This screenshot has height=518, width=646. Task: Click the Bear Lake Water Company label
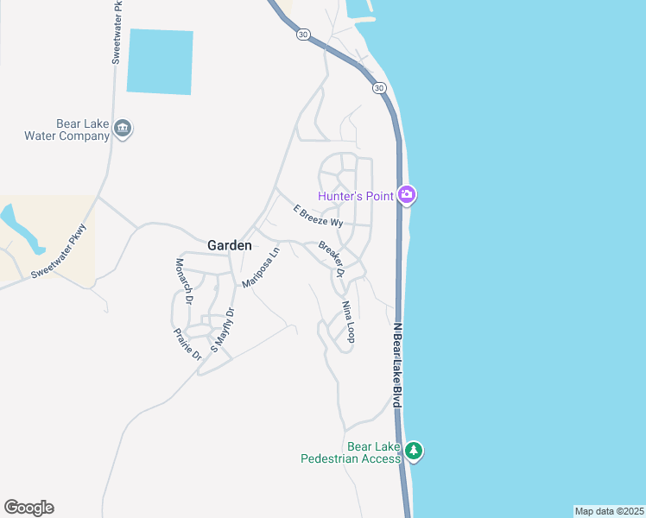click(x=66, y=130)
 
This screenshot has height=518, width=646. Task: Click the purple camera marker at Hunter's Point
click(x=408, y=195)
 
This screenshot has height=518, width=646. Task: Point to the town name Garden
click(x=230, y=245)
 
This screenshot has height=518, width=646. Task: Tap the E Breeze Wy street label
click(x=318, y=217)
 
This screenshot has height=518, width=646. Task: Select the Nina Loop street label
click(x=347, y=322)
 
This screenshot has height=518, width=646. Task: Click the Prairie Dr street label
click(x=187, y=344)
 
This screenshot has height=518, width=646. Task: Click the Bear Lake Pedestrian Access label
click(x=350, y=452)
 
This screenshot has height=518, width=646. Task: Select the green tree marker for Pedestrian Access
click(x=415, y=451)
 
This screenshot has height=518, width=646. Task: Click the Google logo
click(x=28, y=508)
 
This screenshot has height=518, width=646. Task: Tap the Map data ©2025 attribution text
click(x=609, y=511)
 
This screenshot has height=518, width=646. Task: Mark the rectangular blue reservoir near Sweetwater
click(x=160, y=61)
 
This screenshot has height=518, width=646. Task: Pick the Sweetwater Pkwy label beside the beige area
click(x=60, y=252)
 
